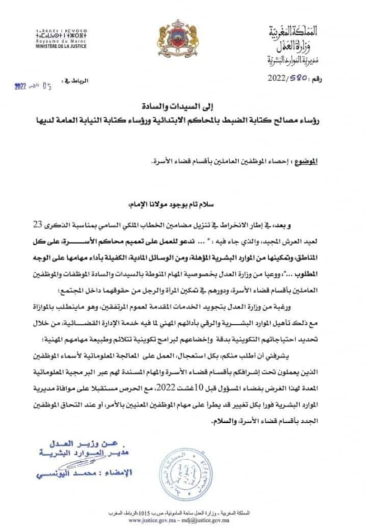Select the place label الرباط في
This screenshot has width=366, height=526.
(77, 81)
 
